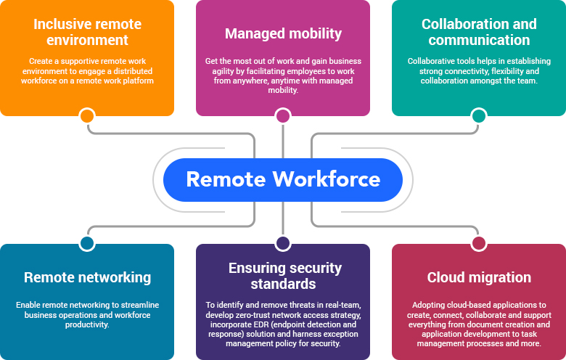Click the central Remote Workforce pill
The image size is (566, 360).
pyautogui.click(x=282, y=179)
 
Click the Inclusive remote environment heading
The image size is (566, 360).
pyautogui.click(x=86, y=32)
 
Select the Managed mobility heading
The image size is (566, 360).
pyautogui.click(x=283, y=33)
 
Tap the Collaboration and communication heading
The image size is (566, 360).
pyautogui.click(x=479, y=32)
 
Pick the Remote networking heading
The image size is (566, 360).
pyautogui.click(x=87, y=277)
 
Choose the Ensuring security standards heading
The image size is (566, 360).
pyautogui.click(x=283, y=276)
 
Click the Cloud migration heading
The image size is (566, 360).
pyautogui.click(x=479, y=277)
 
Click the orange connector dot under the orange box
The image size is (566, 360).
pyautogui.click(x=87, y=116)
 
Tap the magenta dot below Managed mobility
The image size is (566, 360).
pyautogui.click(x=283, y=116)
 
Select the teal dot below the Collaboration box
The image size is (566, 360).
pyautogui.click(x=479, y=116)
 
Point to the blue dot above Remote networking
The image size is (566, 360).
pyautogui.click(x=87, y=243)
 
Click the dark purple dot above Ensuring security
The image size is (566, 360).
pyautogui.click(x=283, y=243)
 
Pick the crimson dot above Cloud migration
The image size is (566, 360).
pyautogui.click(x=479, y=243)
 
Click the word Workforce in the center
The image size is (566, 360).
pyautogui.click(x=326, y=179)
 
